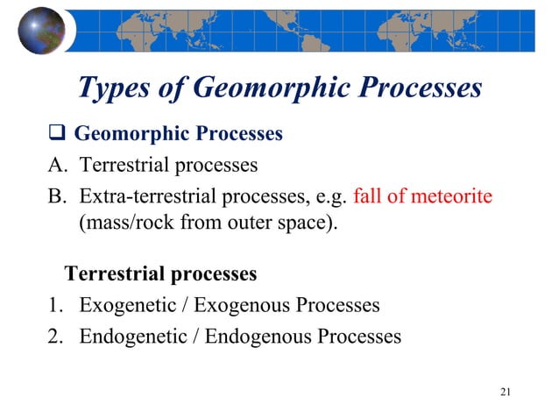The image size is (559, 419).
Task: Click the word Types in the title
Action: point(117,88)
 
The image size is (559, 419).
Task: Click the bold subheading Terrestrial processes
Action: point(161,274)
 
